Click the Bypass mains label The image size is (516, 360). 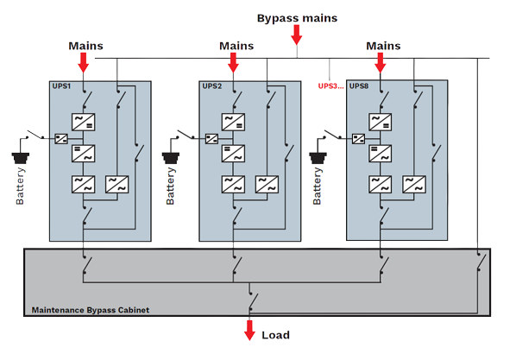[x=297, y=18]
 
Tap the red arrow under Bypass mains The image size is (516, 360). [x=297, y=35]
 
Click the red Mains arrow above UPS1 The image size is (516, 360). [x=84, y=62]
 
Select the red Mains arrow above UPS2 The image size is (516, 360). [x=233, y=62]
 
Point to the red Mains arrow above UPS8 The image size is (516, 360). [x=380, y=62]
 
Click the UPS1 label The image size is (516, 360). [x=61, y=86]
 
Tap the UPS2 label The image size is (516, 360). [x=212, y=86]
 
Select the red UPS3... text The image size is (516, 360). [x=330, y=86]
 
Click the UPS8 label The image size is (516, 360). [x=359, y=86]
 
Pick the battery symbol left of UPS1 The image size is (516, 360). [x=21, y=158]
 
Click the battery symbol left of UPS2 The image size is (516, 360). [x=171, y=158]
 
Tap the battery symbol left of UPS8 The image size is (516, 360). [x=318, y=158]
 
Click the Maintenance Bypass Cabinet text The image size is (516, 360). [x=91, y=310]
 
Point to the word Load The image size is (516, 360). [x=276, y=335]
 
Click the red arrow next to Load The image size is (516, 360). [x=249, y=331]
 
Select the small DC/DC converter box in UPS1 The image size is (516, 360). [x=61, y=139]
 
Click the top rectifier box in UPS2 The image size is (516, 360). [x=233, y=123]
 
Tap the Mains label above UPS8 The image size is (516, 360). [x=383, y=46]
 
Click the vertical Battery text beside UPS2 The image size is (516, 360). [x=170, y=186]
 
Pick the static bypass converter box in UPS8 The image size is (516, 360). [x=414, y=185]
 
